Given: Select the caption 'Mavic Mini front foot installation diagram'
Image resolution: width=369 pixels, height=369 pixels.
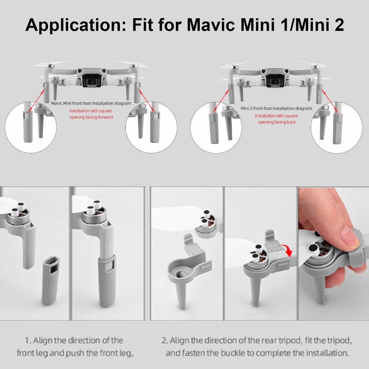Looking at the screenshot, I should click(x=91, y=103).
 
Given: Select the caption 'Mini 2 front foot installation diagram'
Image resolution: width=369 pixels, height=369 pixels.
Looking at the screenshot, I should click(x=276, y=108).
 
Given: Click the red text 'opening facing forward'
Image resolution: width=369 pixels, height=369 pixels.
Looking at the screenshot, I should click(x=91, y=117).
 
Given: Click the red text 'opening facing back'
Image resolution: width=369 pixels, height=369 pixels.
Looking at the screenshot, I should click(x=276, y=122).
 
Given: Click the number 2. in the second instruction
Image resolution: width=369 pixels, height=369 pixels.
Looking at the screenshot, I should click(x=164, y=341).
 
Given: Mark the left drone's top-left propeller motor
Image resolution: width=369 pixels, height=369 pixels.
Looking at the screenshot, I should click(x=50, y=67).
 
